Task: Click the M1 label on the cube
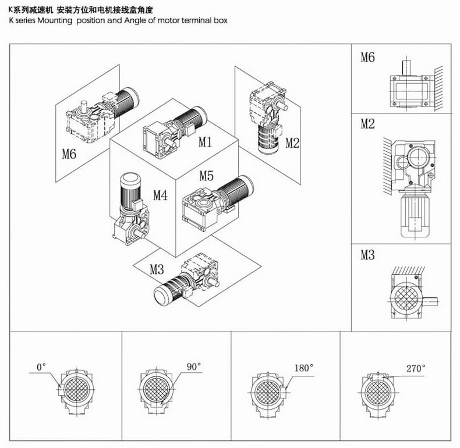tap(205, 141)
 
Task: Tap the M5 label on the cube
tap(207, 175)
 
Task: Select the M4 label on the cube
tap(160, 195)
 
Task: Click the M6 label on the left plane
tap(70, 155)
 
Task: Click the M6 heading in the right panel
tap(367, 57)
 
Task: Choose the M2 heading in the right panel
tap(367, 123)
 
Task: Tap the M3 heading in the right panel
tap(367, 255)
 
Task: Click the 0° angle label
tap(41, 367)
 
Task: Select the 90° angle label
tap(194, 367)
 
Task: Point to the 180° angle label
tap(304, 368)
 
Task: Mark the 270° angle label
tap(416, 368)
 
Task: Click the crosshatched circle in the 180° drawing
tap(268, 389)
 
